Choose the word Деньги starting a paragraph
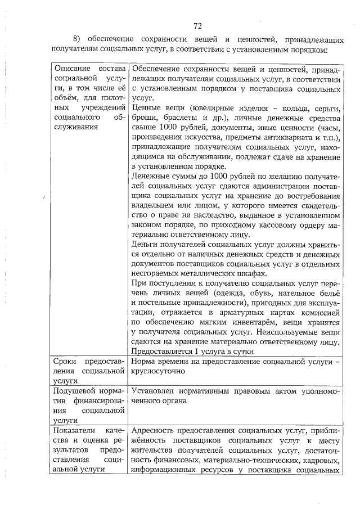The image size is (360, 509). coord(145,245)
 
